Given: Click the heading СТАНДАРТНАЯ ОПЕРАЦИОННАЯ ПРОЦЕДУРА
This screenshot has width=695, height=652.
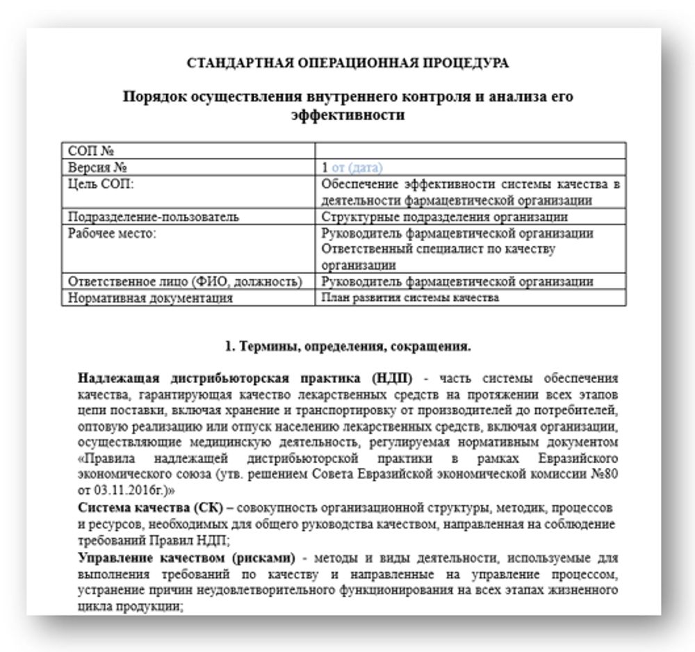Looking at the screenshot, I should coord(347,63).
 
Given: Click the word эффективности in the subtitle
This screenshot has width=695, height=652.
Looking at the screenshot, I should coord(347,115).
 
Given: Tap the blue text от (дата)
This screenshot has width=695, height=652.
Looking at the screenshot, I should coord(357,168).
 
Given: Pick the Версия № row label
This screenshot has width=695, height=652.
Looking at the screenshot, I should coord(98,168).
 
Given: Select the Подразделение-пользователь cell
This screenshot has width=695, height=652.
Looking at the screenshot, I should coord(154,217).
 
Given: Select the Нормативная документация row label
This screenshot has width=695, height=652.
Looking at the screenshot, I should coord(149,298).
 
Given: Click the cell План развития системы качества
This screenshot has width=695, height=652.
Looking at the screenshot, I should coord(410,298).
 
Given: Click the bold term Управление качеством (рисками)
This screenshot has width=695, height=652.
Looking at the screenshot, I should coord(187,558).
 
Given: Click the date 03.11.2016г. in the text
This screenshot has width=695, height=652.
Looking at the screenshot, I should coord(134,490).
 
